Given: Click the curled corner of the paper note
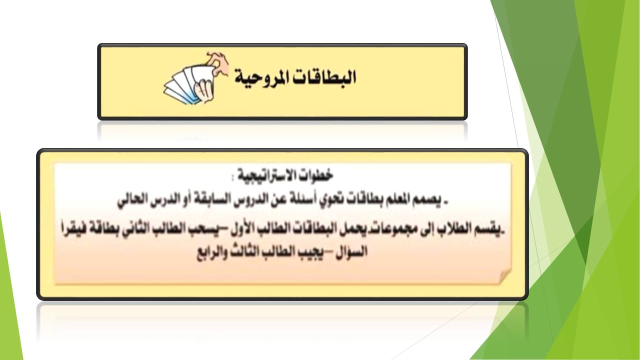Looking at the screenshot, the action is tap(504, 276).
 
